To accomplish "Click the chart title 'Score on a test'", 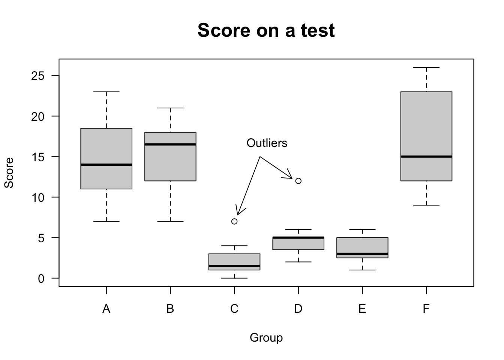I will click(x=266, y=30).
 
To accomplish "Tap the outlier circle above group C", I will click(x=234, y=221).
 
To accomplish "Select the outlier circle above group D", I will click(x=298, y=181).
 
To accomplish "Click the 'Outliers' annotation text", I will click(x=267, y=143).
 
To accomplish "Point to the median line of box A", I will click(x=106, y=165).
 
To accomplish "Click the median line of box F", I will click(x=426, y=156).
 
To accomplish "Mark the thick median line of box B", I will click(x=171, y=144).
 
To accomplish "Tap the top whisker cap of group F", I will click(x=426, y=67).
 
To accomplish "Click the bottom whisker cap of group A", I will click(x=106, y=221).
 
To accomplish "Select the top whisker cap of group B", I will click(x=171, y=108).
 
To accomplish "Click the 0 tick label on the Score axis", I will click(x=41, y=278).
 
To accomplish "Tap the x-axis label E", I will click(x=362, y=309).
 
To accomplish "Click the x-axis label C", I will click(x=234, y=309).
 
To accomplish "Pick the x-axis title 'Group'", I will click(x=266, y=338).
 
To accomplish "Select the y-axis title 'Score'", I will click(x=9, y=172).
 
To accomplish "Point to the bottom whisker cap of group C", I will click(x=234, y=278).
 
